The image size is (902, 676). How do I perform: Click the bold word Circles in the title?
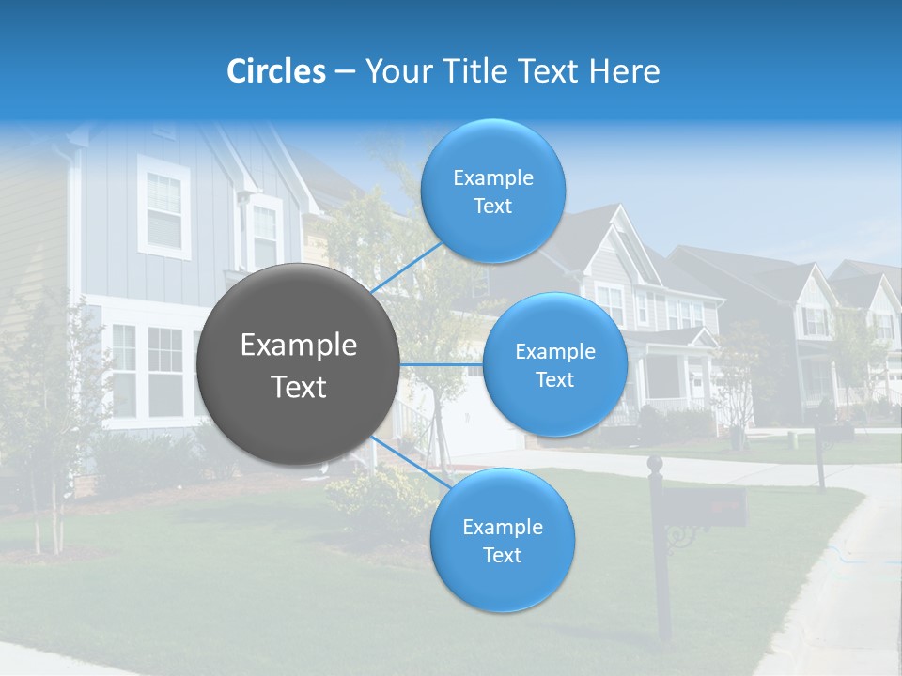tap(276, 71)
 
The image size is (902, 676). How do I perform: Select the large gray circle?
tap(298, 364)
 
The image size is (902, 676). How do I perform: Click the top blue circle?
tap(492, 191)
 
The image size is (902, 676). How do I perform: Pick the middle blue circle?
tap(554, 364)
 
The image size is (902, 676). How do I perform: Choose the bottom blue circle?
tap(502, 540)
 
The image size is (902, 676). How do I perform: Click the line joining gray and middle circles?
tap(442, 364)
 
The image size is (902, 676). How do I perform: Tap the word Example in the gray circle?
tap(299, 346)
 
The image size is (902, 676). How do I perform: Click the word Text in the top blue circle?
tap(492, 207)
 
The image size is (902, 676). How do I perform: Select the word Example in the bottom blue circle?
tap(502, 527)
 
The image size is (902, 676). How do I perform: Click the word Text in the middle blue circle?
tap(554, 380)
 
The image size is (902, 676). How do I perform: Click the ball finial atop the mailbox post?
tap(655, 463)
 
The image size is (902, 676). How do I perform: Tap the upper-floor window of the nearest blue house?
tap(164, 210)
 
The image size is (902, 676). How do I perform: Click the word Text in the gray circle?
tap(299, 387)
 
